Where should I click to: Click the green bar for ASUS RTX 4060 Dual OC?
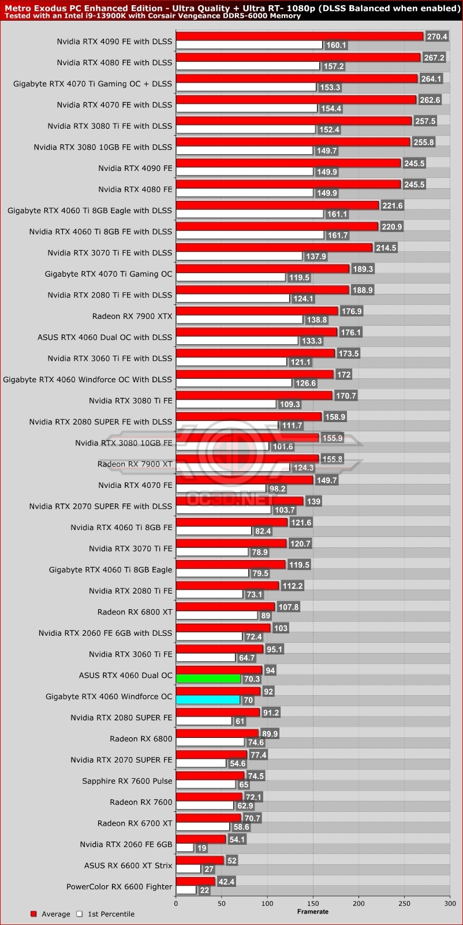point(208,678)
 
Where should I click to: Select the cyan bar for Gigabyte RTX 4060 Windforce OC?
point(208,700)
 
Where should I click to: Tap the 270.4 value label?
point(436,36)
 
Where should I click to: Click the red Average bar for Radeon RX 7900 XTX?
point(257,311)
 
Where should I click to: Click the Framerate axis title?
point(313,912)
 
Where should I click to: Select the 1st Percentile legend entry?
point(106,914)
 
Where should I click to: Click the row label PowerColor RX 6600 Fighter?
point(119,886)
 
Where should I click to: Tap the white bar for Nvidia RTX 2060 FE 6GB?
point(185,848)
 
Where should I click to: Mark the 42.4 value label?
point(226,882)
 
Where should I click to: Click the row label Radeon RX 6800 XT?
point(135,611)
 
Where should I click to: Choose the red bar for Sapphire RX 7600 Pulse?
point(210,776)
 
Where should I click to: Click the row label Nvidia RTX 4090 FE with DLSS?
point(114,41)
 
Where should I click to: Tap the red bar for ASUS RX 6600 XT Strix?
point(200,860)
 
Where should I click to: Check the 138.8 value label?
point(317,320)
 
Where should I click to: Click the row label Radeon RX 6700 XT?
point(135,823)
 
